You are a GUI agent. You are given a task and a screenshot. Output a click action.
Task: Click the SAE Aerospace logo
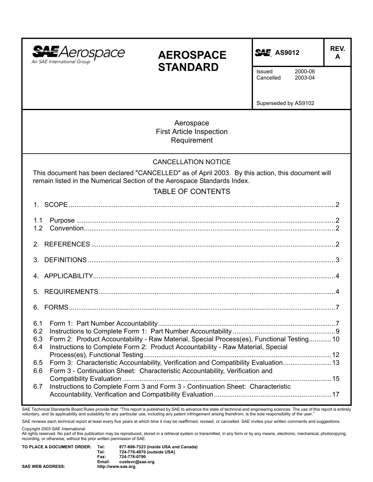tap(78, 54)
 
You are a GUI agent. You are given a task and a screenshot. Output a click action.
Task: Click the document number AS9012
tap(287, 53)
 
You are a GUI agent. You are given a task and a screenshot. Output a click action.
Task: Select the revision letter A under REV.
tap(337, 57)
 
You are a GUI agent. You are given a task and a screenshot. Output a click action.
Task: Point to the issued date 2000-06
tap(305, 72)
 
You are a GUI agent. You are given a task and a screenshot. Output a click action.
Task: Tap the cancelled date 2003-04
tap(305, 78)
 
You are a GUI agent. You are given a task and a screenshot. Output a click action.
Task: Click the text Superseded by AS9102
tap(285, 103)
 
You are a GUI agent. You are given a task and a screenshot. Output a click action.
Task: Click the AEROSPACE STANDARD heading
tap(192, 61)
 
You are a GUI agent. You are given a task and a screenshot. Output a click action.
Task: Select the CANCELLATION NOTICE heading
tap(192, 162)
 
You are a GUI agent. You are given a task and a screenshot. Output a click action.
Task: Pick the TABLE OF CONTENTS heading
tap(192, 192)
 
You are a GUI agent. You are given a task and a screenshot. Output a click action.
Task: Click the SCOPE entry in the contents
tap(56, 205)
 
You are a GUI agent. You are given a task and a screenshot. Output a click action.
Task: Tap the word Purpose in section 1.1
tap(62, 220)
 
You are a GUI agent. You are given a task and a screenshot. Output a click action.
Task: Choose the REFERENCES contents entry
tap(67, 244)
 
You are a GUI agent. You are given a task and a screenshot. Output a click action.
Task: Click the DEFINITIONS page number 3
tap(337, 260)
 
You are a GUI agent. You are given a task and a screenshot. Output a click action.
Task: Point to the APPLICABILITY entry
tap(68, 276)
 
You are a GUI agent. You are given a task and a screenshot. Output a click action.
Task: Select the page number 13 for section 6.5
tap(336, 363)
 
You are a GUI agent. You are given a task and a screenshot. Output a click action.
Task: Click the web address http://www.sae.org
tap(116, 467)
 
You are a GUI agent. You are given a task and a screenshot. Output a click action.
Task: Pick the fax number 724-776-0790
tap(132, 457)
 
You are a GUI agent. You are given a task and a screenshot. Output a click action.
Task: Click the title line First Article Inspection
tap(192, 132)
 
